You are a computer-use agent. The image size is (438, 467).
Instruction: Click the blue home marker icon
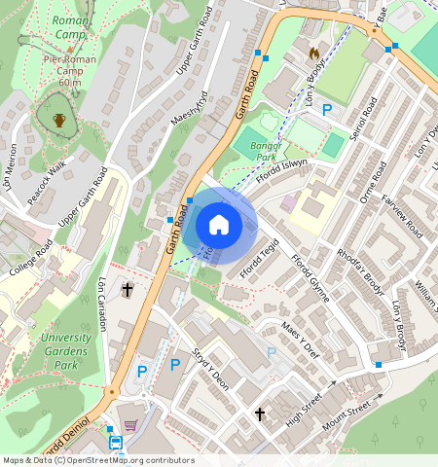[x=219, y=226]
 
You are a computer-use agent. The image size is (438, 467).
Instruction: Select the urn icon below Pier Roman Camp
[x=59, y=120]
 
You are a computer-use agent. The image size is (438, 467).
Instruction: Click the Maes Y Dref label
[x=300, y=341]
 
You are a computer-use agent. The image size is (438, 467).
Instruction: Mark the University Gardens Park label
[x=66, y=351]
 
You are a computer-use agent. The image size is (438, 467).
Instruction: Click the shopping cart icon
[x=130, y=425]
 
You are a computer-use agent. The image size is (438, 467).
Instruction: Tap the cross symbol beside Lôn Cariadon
[x=127, y=289]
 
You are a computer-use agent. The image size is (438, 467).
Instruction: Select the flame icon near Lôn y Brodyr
[x=312, y=52]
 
